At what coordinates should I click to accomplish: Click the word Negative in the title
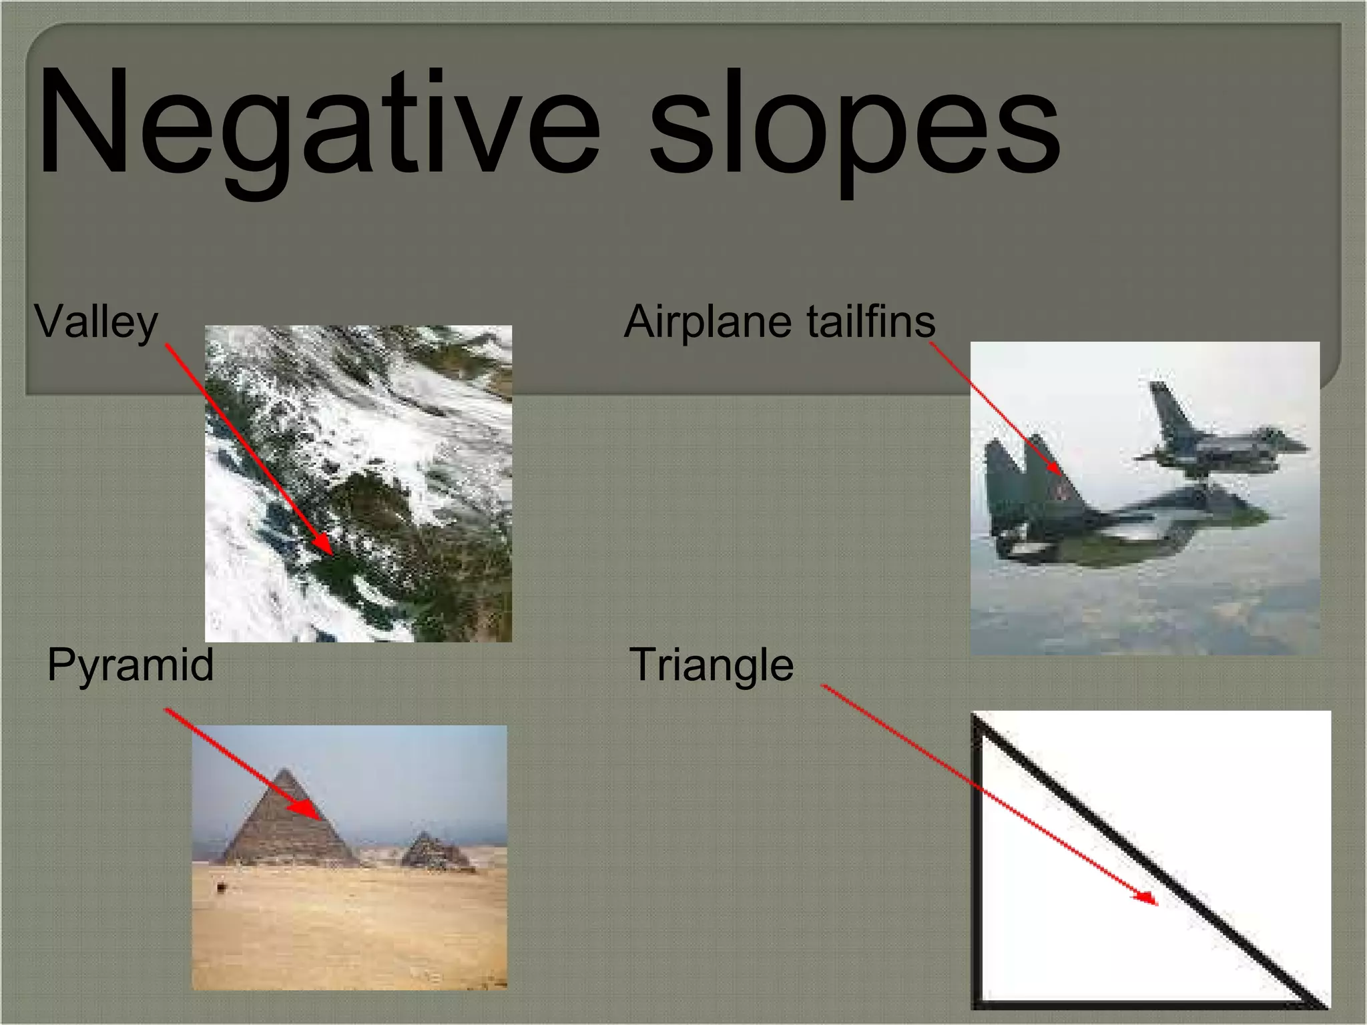[x=319, y=123]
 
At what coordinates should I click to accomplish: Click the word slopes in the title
[x=854, y=127]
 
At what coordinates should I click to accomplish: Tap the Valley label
[x=96, y=322]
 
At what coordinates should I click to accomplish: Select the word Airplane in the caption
[x=708, y=322]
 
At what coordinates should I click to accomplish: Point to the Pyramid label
[x=131, y=665]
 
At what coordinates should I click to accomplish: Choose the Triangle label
[x=712, y=665]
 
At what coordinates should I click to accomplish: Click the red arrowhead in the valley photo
[x=325, y=546]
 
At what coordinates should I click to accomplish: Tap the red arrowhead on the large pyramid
[x=308, y=811]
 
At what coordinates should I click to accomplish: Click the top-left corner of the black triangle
[x=977, y=719]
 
